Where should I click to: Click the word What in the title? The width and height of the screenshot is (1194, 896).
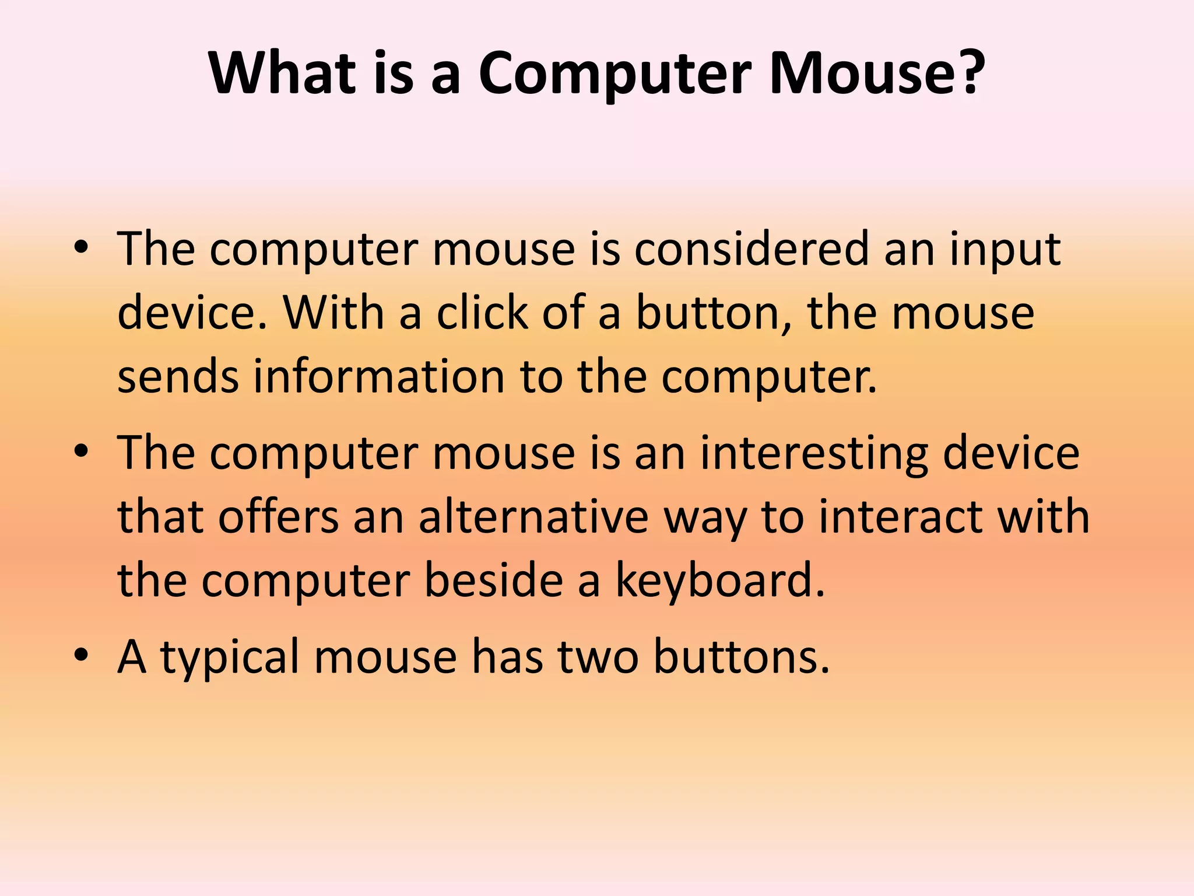click(282, 73)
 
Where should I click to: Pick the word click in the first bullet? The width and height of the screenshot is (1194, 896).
click(482, 313)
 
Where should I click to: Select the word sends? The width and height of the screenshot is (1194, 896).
click(178, 376)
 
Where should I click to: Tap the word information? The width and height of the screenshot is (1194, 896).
click(379, 376)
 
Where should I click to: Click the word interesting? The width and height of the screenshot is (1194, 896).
click(814, 454)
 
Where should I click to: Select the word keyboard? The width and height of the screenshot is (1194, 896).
click(720, 582)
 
